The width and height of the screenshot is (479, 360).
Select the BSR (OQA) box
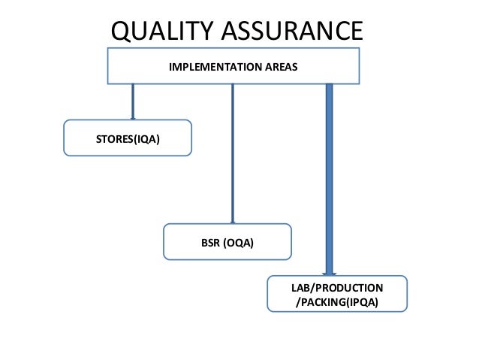coord(227,242)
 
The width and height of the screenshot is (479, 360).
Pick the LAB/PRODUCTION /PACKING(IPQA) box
coord(337,294)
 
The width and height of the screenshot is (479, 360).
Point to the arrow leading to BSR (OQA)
coord(233,150)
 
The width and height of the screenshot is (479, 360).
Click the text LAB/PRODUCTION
coord(337,288)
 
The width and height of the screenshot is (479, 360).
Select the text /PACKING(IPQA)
coord(337,303)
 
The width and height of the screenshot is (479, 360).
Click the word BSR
coord(211,242)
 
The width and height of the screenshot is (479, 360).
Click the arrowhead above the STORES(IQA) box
coord(133,117)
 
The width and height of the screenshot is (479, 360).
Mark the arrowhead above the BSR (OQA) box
coord(233,221)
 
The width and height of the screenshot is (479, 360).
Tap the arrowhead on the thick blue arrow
coord(329,272)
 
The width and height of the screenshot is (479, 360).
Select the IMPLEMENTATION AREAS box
coord(233,66)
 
